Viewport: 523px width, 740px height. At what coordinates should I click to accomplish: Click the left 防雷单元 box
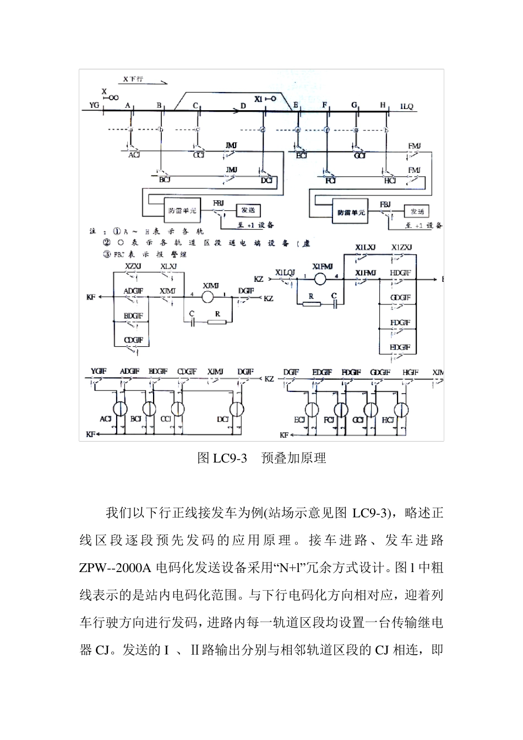click(x=181, y=210)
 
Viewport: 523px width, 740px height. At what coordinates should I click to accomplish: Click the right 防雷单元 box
click(x=351, y=212)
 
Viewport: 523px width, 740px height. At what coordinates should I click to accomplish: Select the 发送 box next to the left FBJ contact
click(x=248, y=210)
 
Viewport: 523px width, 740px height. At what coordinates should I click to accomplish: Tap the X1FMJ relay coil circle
click(x=319, y=279)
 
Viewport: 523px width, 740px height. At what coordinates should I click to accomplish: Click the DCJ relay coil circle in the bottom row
click(x=237, y=409)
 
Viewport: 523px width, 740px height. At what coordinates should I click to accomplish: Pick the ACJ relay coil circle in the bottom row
click(x=119, y=409)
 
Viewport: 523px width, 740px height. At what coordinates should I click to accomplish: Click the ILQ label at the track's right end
click(x=406, y=106)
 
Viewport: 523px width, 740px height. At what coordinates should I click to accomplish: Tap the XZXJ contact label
click(x=133, y=266)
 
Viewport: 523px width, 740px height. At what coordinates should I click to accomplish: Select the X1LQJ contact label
click(x=285, y=272)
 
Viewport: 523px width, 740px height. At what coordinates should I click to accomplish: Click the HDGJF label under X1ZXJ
click(x=400, y=273)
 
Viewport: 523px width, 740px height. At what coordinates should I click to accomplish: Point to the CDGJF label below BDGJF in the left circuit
click(x=133, y=341)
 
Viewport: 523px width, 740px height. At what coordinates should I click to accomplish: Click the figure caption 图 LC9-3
click(x=222, y=459)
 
